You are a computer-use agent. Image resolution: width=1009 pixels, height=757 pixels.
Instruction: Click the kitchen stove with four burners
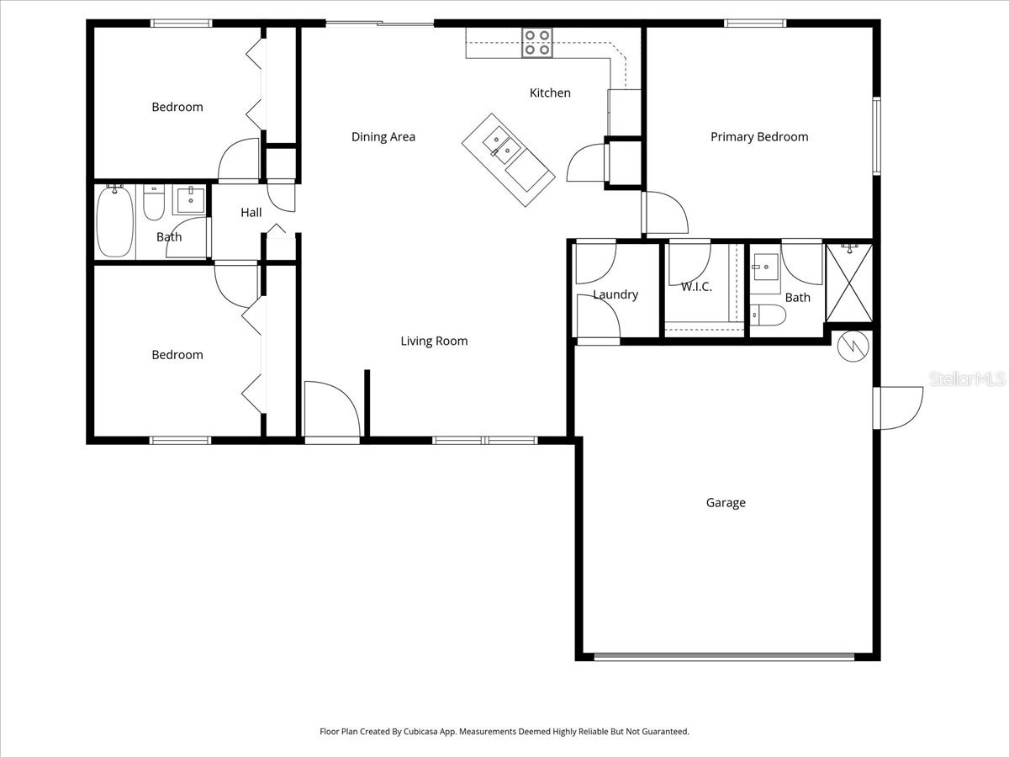[537, 43]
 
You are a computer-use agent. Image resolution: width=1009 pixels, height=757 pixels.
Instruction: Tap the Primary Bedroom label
[759, 137]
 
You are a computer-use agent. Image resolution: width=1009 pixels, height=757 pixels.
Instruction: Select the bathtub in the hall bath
[114, 222]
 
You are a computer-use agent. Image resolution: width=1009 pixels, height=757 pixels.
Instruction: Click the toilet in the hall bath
[154, 203]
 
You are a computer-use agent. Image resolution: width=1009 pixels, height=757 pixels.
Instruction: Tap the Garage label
[726, 503]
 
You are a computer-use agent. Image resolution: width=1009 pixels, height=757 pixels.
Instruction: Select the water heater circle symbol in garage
[852, 346]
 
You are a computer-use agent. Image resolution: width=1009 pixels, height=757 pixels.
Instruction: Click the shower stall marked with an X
[849, 283]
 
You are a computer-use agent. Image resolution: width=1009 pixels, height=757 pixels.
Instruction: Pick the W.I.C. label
[696, 287]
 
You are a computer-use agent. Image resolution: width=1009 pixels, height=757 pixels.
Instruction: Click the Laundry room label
[615, 294]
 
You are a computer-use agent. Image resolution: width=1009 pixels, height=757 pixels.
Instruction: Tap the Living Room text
[434, 341]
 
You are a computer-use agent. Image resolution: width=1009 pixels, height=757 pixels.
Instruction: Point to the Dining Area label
[383, 137]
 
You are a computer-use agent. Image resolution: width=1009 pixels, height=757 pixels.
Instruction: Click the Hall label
[251, 213]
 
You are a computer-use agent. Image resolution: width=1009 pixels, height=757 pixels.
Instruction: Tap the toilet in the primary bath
[768, 315]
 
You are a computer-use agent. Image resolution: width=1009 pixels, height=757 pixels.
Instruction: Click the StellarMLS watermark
[967, 380]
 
